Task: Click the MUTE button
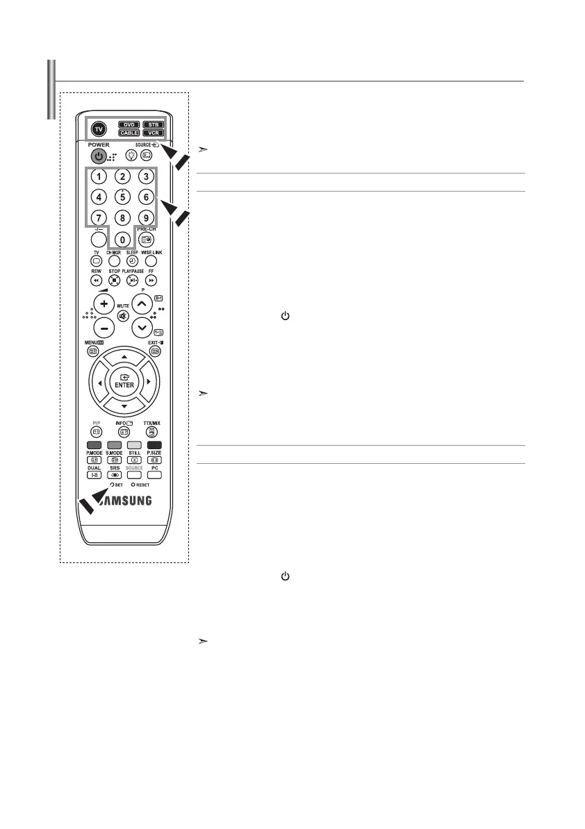click(x=123, y=316)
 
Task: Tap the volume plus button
click(x=104, y=305)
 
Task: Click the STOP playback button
click(x=113, y=280)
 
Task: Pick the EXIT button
click(x=154, y=351)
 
